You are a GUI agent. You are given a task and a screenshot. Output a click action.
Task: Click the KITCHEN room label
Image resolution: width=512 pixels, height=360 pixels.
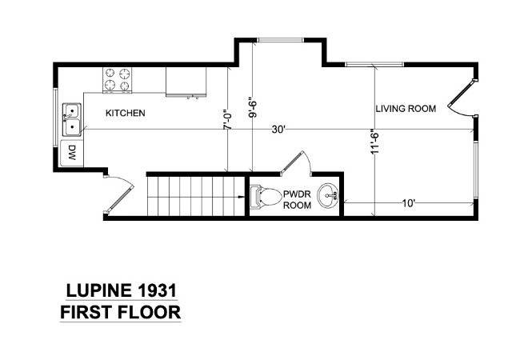126,113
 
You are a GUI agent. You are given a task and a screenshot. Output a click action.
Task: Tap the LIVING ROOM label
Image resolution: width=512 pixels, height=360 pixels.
406,109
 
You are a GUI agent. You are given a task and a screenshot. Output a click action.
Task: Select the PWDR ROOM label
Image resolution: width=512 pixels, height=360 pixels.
297,200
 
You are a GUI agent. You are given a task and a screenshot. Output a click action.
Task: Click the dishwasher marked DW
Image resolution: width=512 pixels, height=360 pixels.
72,153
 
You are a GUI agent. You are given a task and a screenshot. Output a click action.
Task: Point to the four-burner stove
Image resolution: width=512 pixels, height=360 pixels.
118,80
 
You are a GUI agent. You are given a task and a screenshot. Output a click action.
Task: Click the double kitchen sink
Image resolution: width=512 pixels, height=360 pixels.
72,119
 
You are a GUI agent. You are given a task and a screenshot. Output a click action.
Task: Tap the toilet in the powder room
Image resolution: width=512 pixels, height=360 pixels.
266,197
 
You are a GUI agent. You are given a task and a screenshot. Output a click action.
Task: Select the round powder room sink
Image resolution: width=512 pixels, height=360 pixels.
328,195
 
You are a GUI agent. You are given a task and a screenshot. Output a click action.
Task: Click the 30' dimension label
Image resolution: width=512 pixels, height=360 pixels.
278,130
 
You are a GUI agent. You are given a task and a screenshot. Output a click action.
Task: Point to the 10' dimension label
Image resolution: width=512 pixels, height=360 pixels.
408,203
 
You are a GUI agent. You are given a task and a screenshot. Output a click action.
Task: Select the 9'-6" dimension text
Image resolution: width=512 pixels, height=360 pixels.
253,107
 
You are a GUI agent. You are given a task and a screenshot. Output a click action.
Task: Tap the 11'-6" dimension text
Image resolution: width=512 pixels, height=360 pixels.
374,142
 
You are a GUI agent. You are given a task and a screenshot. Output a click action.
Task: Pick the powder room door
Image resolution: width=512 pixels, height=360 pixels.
295,163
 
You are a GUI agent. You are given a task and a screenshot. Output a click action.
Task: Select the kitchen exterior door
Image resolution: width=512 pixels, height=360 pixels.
118,194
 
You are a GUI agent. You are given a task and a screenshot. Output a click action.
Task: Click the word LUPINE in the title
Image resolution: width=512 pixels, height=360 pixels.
98,290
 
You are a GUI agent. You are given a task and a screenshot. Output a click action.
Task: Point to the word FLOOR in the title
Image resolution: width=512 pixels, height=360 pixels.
149,312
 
